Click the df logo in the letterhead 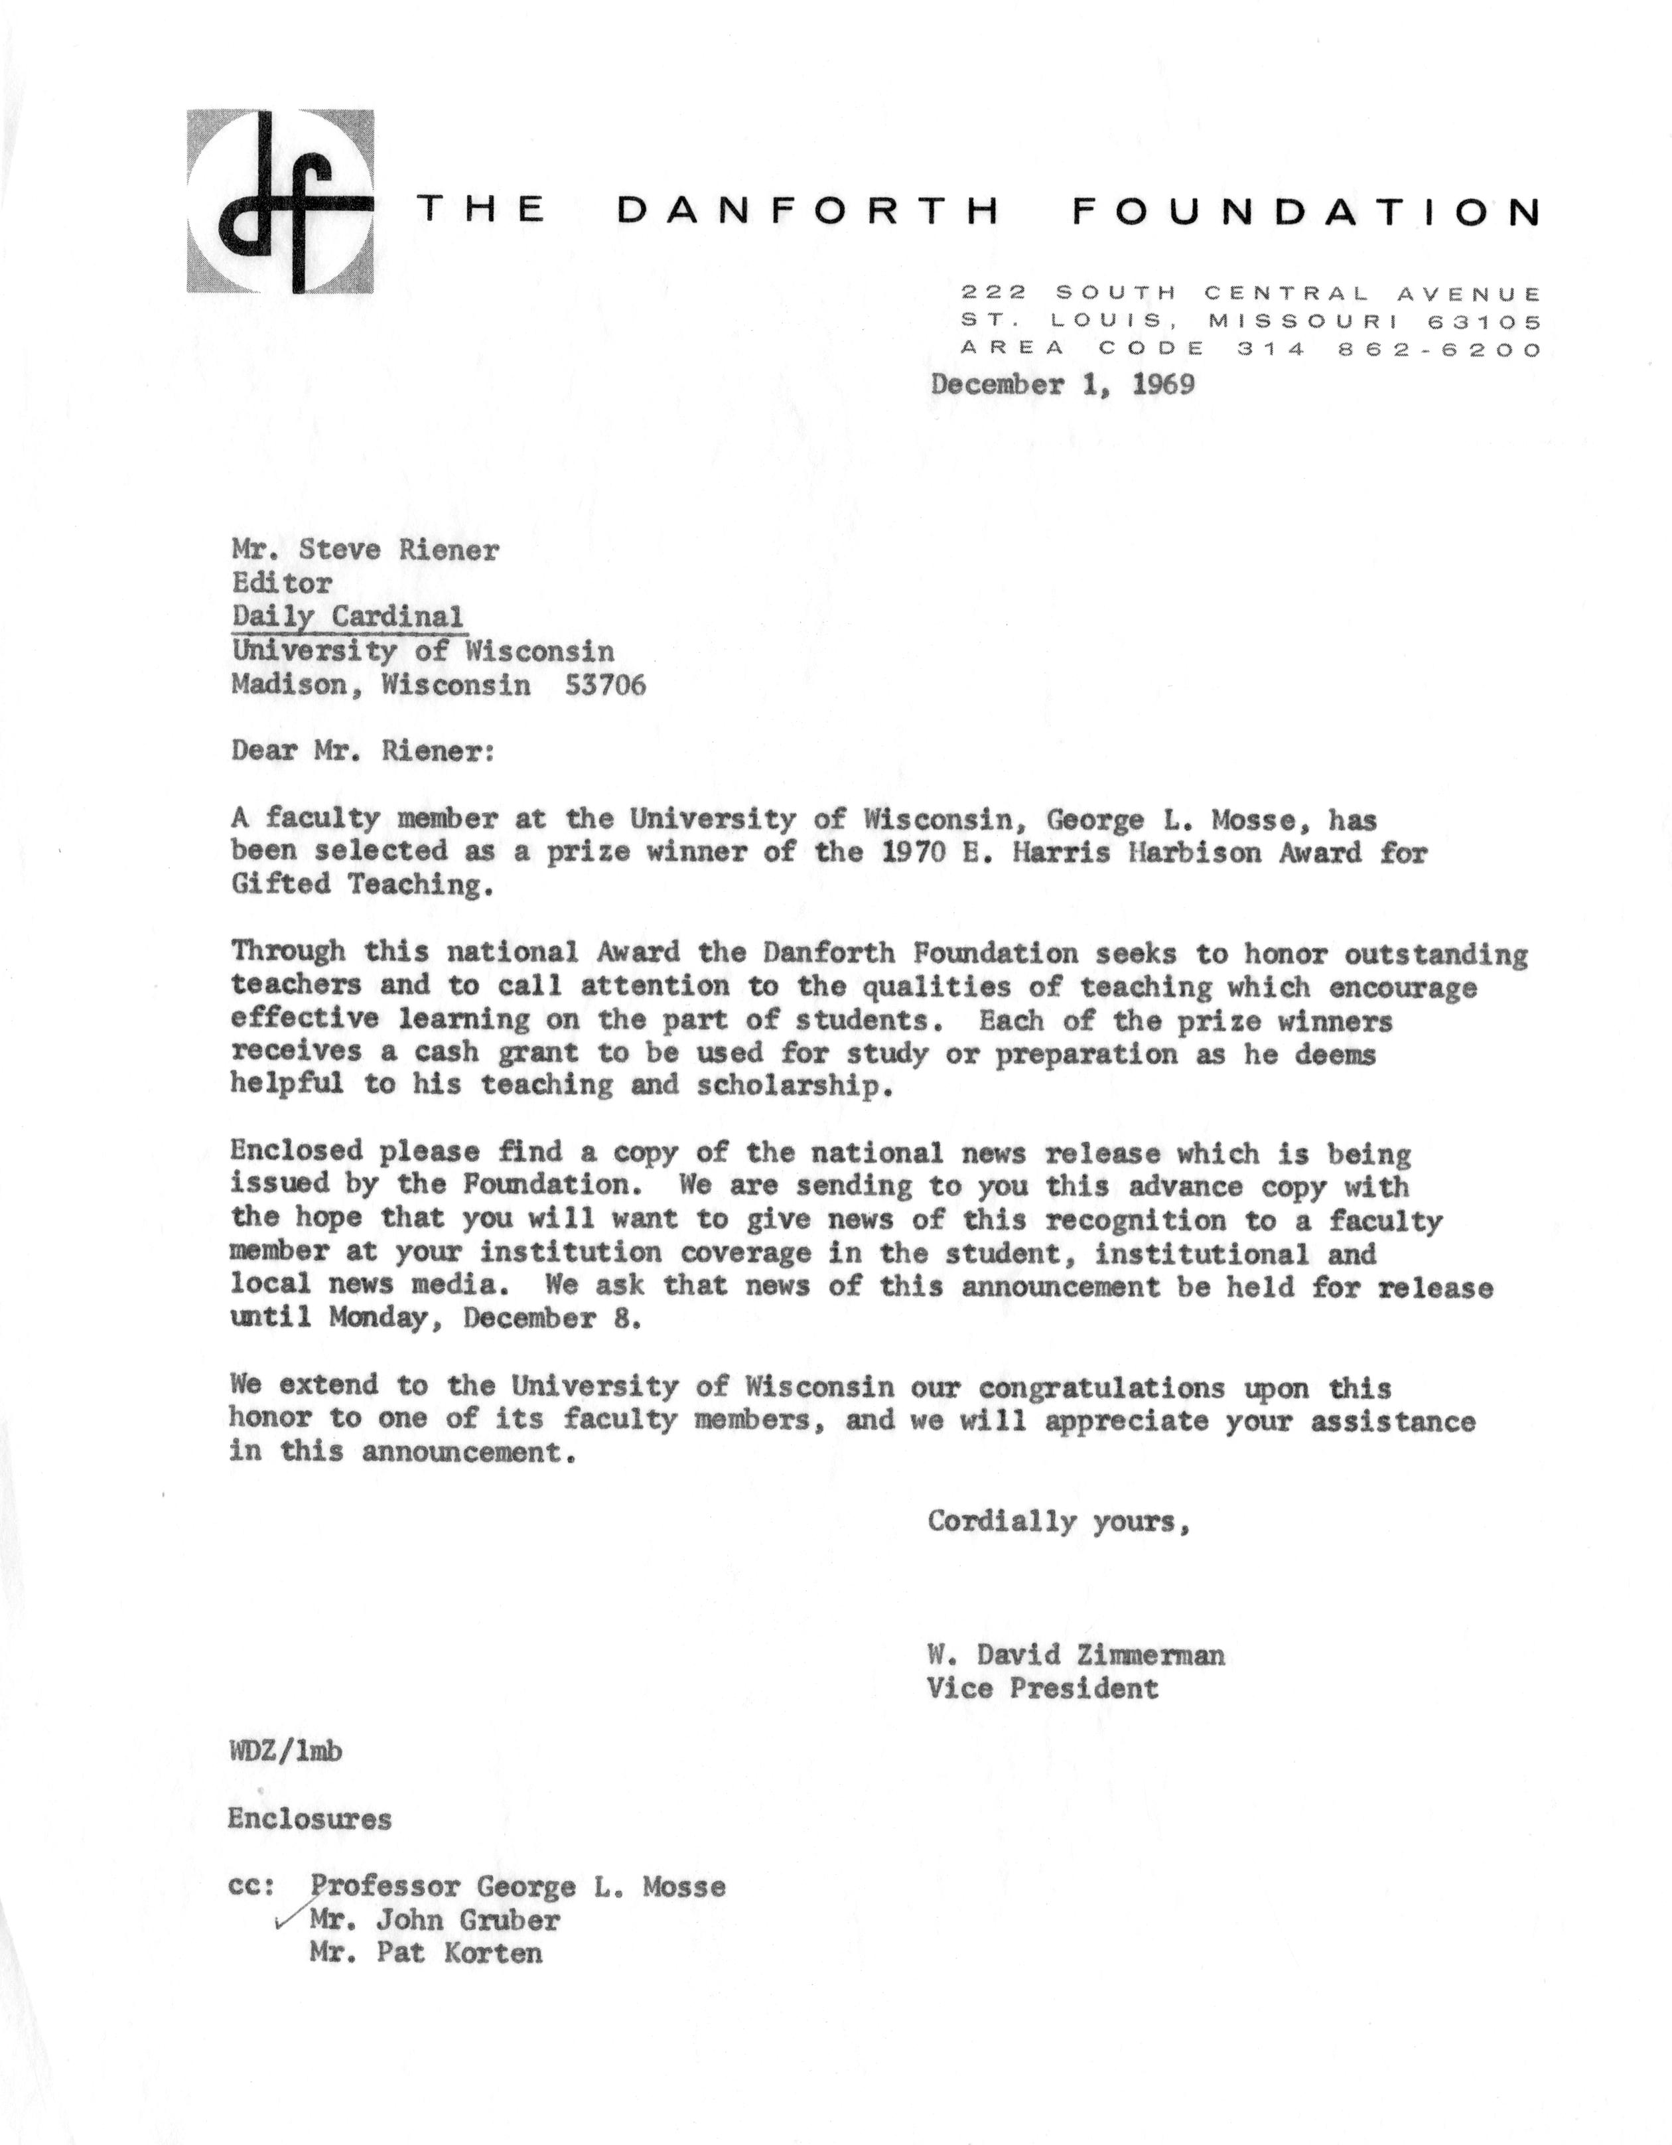(280, 201)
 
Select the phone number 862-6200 (1440, 350)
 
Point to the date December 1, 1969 (1062, 384)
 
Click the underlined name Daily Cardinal (348, 617)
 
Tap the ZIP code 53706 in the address (606, 684)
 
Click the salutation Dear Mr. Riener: (364, 751)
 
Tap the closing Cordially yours (1058, 1521)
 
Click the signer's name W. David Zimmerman (1075, 1655)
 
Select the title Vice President (1042, 1688)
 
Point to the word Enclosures (309, 1819)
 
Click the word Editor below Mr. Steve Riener (282, 583)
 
